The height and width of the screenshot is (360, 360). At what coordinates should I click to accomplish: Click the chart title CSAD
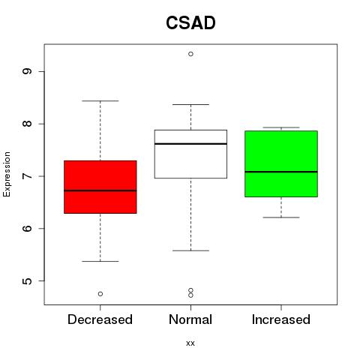pos(190,22)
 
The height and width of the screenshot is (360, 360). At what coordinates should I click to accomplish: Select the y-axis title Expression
pos(7,174)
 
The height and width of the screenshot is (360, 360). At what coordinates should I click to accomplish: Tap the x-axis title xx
pos(190,343)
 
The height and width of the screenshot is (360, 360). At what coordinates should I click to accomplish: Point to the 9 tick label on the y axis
pos(28,71)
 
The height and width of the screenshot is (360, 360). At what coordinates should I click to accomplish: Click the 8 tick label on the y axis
pos(28,124)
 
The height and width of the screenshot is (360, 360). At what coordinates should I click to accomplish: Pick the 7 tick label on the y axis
pos(28,176)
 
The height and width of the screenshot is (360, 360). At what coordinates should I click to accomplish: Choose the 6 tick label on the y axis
pos(28,228)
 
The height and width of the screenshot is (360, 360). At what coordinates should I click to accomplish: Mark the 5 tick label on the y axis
pos(28,280)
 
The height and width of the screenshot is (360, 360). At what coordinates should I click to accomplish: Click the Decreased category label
pos(100,319)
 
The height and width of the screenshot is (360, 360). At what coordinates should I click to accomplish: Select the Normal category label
pos(190,319)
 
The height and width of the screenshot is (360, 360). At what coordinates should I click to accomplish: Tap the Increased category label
pos(281,319)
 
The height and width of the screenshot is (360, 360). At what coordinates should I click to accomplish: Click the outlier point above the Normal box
pos(190,54)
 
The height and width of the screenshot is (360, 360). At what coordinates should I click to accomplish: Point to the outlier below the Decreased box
pos(100,294)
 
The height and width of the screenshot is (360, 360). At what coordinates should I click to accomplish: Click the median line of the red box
pos(100,190)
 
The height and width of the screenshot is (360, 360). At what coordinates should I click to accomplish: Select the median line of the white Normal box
pos(190,144)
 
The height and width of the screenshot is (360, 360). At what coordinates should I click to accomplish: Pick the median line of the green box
pos(281,172)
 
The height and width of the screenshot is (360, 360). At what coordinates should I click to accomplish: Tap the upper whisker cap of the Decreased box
pos(100,100)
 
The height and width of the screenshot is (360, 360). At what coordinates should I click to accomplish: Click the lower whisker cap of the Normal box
pos(190,250)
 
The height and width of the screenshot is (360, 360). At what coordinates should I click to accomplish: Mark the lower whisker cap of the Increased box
pos(281,217)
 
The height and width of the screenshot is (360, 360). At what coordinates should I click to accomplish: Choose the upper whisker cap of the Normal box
pos(190,104)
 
